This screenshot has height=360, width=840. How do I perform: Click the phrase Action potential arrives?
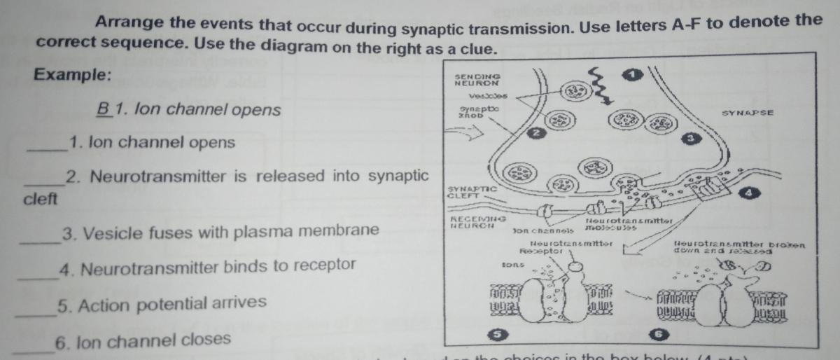click(162, 303)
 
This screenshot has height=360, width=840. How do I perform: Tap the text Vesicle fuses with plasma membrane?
click(221, 231)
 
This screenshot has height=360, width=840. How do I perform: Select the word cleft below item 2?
click(39, 198)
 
